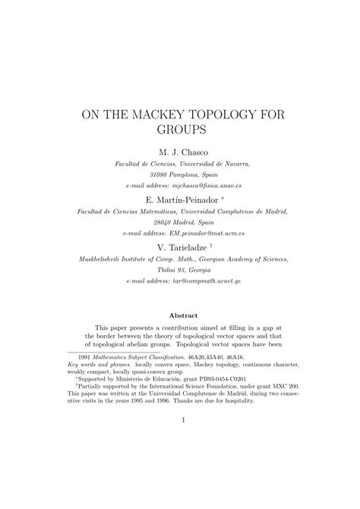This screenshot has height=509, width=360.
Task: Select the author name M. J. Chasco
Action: (x=180, y=152)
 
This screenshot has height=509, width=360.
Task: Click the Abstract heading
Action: (x=179, y=315)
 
